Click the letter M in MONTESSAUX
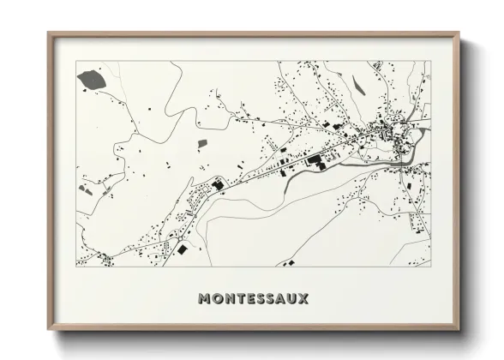(204, 299)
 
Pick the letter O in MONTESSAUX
(216, 299)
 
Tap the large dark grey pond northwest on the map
(88, 81)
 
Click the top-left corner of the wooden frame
(48, 33)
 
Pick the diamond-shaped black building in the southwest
(182, 249)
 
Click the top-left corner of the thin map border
(77, 62)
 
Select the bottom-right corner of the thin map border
(429, 266)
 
